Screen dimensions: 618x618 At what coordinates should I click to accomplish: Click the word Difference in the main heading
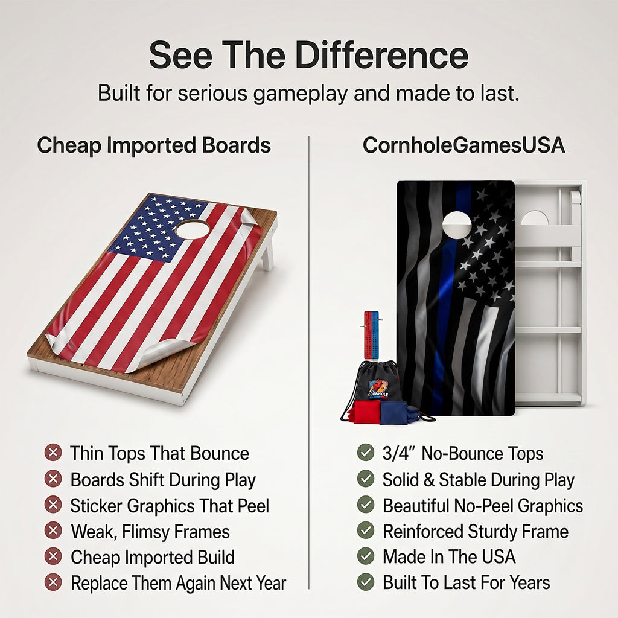coord(381,55)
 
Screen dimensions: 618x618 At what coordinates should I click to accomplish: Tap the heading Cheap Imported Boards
coord(154,145)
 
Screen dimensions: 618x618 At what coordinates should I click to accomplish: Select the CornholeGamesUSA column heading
coord(463,145)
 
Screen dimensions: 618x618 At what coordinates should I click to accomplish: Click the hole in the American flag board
coord(193,229)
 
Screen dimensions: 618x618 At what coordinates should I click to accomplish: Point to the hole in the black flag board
coord(457,225)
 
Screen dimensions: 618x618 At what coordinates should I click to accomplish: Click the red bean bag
coord(366,412)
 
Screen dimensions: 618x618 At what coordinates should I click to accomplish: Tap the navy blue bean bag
coord(394,412)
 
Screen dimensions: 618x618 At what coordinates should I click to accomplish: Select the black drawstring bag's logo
coord(378,388)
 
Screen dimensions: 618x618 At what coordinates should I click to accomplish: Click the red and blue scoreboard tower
coord(371,335)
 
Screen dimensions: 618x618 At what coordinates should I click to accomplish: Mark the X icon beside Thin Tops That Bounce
coord(53,453)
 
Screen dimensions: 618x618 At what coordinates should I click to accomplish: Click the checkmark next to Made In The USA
coord(365,556)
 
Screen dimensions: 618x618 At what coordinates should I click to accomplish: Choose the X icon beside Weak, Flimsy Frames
coord(53,530)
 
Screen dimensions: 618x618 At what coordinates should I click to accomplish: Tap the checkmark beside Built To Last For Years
coord(365,582)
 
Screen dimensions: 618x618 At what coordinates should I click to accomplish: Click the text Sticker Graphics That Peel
coord(170,506)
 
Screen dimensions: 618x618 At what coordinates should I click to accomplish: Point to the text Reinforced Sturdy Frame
coord(476,532)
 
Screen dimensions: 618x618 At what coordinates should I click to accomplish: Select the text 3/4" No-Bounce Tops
coord(463,454)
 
